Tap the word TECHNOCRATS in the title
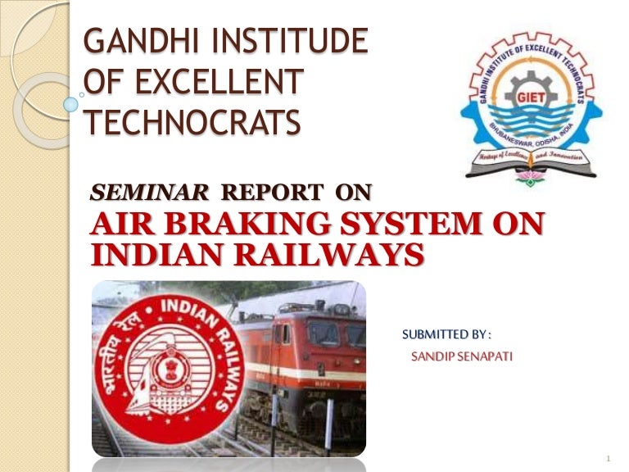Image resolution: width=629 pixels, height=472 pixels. (193, 123)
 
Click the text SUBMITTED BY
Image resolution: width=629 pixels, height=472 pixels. (446, 334)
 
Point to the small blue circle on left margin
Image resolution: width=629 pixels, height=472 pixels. (71, 104)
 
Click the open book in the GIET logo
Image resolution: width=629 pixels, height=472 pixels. (531, 161)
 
